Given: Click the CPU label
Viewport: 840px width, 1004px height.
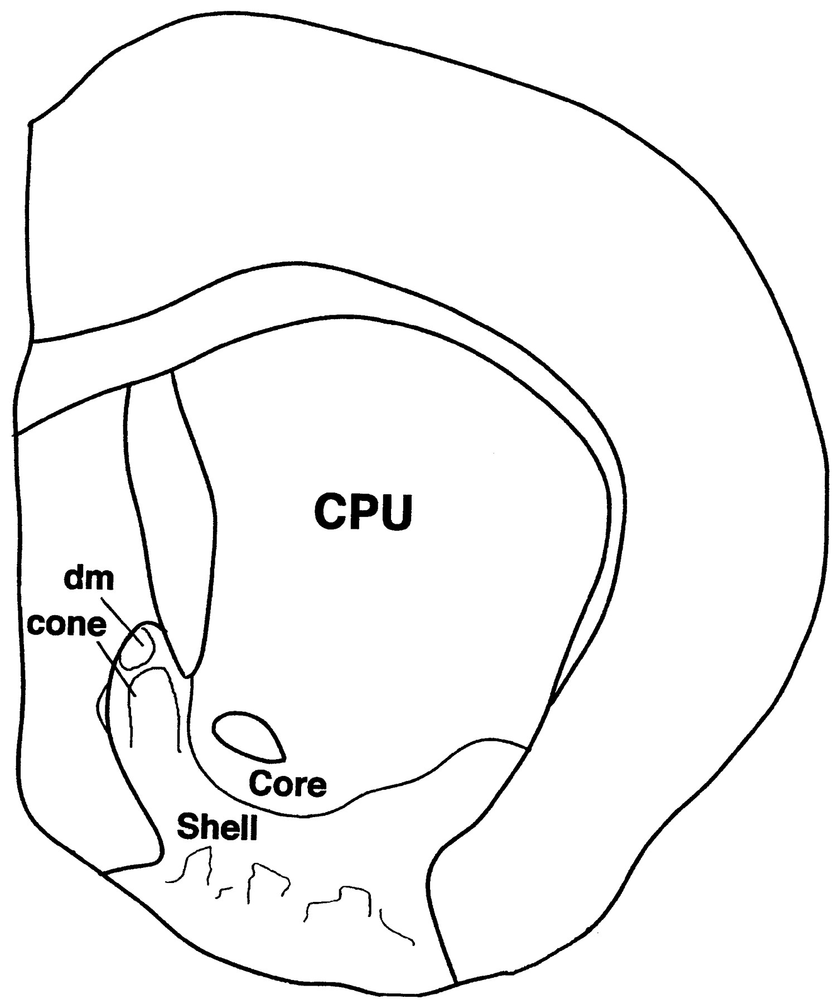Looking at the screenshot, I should [363, 511].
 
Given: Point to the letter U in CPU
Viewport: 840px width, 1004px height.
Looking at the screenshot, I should [398, 511].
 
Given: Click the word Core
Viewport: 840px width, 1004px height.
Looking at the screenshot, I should [287, 783].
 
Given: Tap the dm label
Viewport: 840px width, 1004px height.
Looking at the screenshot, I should [88, 580].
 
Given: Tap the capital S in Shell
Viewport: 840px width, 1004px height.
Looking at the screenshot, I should [187, 826].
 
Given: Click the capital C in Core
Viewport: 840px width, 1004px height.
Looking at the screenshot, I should [260, 783].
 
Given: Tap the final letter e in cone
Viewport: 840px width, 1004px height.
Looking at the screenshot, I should [96, 626].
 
